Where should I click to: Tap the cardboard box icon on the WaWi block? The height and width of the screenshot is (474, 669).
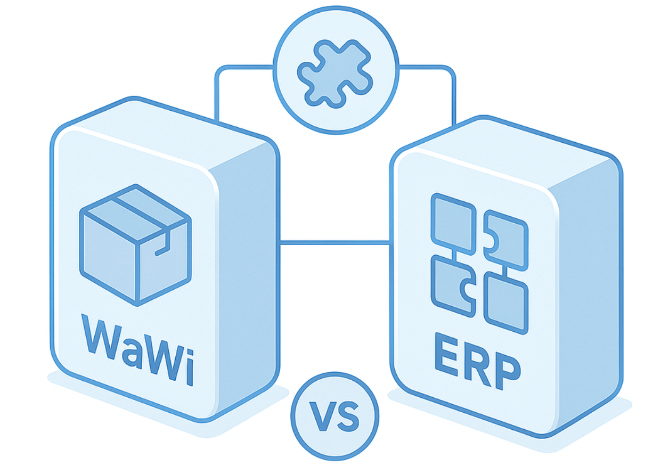pyautogui.click(x=135, y=245)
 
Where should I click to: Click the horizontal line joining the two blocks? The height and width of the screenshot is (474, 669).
pyautogui.click(x=335, y=243)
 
